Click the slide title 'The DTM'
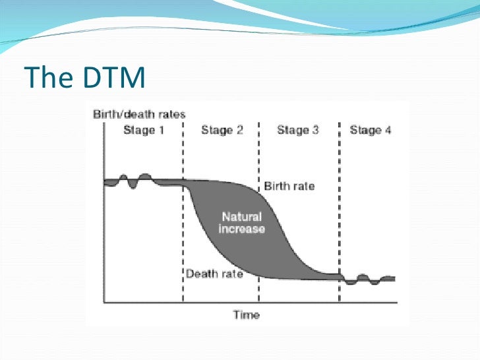(x=84, y=78)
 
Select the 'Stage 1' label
(x=143, y=130)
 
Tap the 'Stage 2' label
(x=222, y=130)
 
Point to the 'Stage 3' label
(x=297, y=130)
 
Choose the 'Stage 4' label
(x=370, y=130)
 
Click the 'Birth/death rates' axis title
(x=138, y=114)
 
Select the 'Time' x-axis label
(x=247, y=315)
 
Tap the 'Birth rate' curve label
(x=289, y=186)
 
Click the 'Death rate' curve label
(x=214, y=274)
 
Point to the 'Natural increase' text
(x=241, y=223)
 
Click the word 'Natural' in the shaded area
(x=241, y=217)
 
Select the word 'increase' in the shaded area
(x=241, y=229)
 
